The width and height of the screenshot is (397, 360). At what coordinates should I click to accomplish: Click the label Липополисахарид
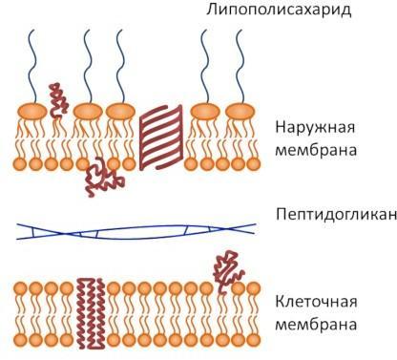(x=279, y=10)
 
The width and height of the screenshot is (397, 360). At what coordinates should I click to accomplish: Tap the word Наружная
(x=315, y=128)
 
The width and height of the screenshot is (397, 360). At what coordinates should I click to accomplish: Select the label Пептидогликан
(x=336, y=215)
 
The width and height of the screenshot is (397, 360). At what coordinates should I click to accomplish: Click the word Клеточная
(x=316, y=301)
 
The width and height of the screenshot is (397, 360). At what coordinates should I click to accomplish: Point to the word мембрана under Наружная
(x=316, y=150)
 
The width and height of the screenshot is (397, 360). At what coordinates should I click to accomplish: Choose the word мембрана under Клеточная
(x=316, y=325)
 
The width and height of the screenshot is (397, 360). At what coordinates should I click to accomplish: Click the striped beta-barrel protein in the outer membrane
(x=161, y=138)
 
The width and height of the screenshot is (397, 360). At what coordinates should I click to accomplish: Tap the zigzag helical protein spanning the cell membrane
(x=91, y=313)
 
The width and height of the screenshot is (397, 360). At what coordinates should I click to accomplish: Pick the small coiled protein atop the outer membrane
(x=58, y=100)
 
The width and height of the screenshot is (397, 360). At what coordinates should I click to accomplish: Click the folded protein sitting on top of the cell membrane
(x=228, y=270)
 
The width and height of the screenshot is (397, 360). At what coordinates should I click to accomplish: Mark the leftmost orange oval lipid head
(x=32, y=112)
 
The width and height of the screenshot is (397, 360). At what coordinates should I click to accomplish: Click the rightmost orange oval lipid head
(x=240, y=112)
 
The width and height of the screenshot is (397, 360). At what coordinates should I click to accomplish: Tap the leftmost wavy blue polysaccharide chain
(x=31, y=67)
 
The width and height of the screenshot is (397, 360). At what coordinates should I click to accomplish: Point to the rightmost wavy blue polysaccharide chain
(x=240, y=67)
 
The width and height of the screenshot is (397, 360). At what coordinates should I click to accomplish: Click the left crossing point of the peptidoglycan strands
(x=64, y=234)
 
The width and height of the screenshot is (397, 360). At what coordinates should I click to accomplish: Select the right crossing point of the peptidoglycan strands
(x=227, y=229)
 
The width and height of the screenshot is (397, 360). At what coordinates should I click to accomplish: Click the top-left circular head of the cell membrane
(x=20, y=288)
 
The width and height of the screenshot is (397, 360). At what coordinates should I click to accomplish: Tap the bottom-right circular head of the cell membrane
(x=254, y=340)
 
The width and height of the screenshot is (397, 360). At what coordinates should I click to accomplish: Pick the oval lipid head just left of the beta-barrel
(x=120, y=112)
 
